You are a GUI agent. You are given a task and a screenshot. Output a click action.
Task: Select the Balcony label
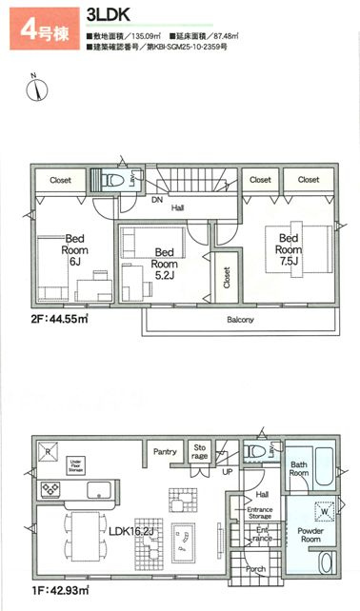click(240, 321)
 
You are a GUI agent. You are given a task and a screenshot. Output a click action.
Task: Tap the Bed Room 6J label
click(76, 250)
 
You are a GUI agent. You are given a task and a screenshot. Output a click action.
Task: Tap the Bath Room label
click(300, 469)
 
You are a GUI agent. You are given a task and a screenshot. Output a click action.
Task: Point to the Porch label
click(255, 571)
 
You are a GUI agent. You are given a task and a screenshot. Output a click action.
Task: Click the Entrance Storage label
click(260, 515)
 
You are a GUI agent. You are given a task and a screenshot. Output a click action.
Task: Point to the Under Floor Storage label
click(75, 463)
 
